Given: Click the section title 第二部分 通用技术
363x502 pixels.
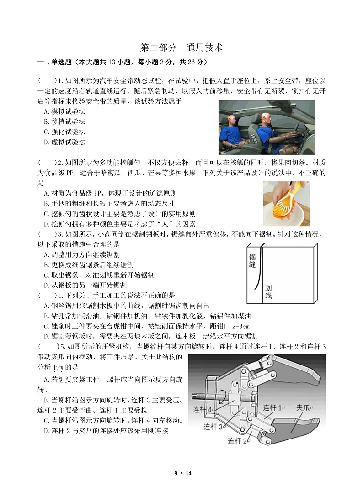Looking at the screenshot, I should tap(181, 48).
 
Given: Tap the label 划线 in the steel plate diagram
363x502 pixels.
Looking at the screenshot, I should tap(268, 292).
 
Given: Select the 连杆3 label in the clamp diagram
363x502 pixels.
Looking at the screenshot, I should tap(213, 427).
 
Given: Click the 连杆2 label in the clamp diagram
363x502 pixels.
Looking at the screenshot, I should tap(238, 441).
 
